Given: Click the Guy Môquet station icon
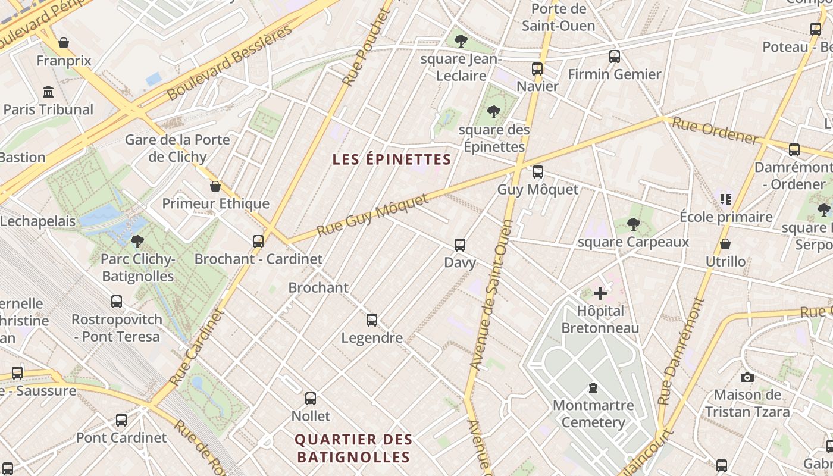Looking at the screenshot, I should pos(537,172).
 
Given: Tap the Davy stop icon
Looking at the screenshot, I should pos(459,245).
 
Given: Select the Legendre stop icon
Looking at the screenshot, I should pos(372,320).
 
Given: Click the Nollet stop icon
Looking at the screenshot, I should pos(311,398).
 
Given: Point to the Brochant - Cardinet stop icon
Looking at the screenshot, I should pos(258,241).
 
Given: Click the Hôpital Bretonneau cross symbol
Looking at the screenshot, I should pos(600,293).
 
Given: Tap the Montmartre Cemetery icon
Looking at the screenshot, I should pos(593,388).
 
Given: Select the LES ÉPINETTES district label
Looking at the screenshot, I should pos(392,159).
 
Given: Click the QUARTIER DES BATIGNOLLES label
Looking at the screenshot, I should pos(353,448).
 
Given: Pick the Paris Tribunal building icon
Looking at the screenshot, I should pos(48,92).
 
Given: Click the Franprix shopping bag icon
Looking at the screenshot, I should pos(64,43).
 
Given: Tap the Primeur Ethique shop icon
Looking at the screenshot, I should pos(215,186).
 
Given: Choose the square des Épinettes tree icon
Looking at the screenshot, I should pos(493,111).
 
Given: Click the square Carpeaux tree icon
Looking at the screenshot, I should pos(634,224).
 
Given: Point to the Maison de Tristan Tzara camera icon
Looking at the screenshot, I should pos(747,377).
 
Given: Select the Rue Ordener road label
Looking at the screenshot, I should pos(715,131).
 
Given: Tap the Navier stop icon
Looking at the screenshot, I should pos(537,68).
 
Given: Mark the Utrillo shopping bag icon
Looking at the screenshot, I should pos(725,244).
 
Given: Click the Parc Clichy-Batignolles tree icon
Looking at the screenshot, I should pos(137,241).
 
